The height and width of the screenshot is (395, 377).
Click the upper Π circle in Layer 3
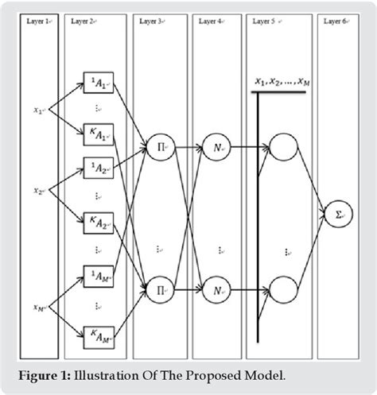click(157, 146)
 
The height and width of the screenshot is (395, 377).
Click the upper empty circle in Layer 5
click(282, 146)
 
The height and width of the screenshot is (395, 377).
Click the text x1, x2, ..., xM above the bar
click(282, 82)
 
